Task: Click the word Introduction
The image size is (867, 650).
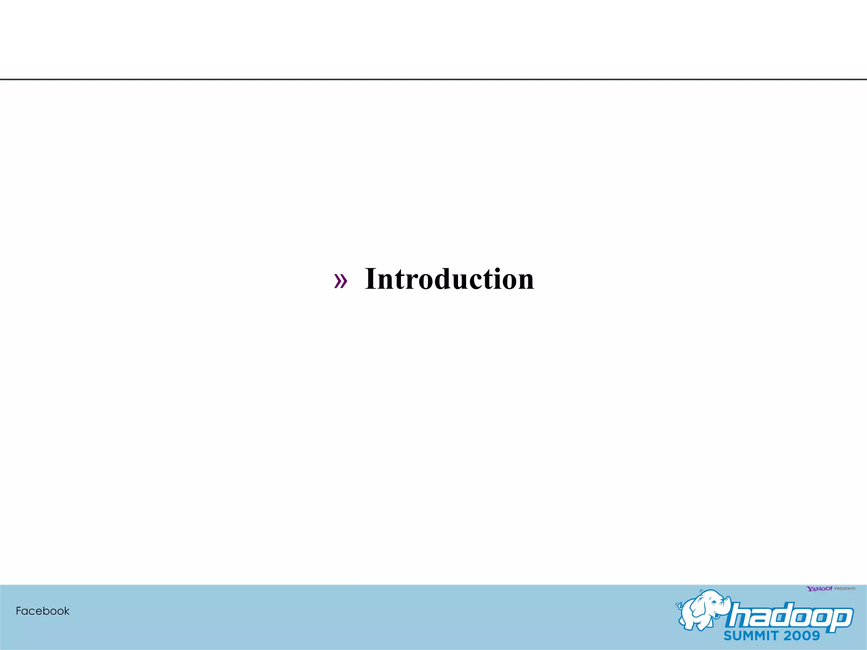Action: pos(449,279)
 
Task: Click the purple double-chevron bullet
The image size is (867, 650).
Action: pos(340,281)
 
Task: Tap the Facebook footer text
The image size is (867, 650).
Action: pos(42,611)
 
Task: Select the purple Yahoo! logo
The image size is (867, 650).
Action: pos(819,589)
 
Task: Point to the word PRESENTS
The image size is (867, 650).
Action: pos(845,589)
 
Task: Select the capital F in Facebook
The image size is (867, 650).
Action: pos(19,611)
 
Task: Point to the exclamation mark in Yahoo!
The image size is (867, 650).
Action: pos(831,588)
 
